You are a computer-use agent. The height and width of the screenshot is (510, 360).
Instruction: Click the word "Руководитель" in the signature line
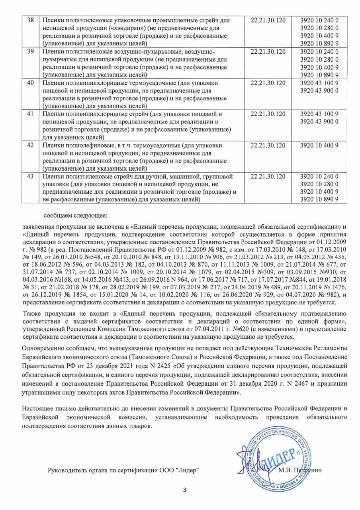pyautogui.click(x=66, y=471)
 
